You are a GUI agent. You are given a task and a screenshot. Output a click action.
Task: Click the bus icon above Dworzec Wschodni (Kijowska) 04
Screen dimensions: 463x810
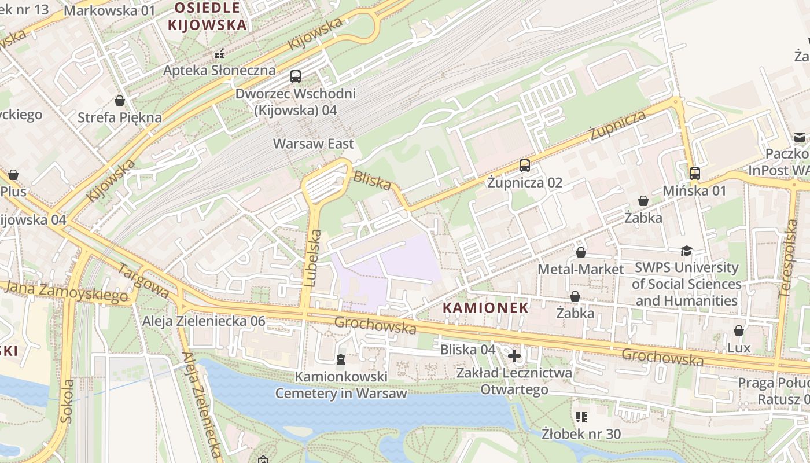coord(295,76)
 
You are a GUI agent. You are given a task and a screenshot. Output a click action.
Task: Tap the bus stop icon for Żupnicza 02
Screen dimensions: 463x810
coord(524,166)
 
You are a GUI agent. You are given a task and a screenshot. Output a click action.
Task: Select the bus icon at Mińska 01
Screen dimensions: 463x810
coord(694,173)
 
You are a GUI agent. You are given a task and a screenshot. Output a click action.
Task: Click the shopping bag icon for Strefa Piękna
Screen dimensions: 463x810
coord(120,101)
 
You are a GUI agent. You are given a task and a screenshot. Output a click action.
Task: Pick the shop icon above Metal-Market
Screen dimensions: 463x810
coord(580,252)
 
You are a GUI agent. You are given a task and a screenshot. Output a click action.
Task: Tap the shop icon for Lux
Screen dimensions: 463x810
coord(738,330)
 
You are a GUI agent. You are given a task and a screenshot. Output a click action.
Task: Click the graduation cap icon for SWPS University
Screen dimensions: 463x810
coord(686,251)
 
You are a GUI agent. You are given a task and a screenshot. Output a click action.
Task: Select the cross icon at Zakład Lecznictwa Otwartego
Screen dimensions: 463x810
coord(514,355)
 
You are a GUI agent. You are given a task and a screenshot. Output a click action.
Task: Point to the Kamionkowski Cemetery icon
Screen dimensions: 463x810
coord(340,359)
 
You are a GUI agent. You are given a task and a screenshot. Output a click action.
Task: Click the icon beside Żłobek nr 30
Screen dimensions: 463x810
coord(581,417)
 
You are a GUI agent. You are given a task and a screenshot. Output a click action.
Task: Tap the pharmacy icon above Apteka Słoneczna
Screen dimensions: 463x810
coord(219,54)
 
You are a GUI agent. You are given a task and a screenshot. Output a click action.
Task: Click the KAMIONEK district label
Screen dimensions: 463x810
coord(485,308)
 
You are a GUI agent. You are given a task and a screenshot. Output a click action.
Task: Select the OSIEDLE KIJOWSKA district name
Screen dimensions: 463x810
coord(207,16)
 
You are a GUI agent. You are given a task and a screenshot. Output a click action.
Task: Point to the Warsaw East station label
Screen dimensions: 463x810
coord(313,144)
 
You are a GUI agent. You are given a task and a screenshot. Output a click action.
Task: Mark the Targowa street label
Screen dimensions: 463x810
coord(143,281)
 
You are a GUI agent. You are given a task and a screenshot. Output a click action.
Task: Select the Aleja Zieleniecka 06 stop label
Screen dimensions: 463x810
coord(204,321)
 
